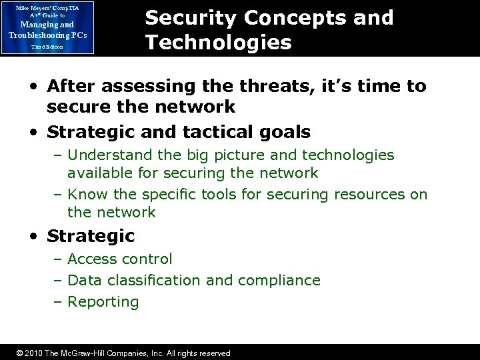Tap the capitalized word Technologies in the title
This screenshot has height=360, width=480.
point(219,43)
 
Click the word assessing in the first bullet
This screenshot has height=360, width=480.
point(157,86)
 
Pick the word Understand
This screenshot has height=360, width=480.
point(112,155)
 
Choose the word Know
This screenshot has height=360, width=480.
point(86,195)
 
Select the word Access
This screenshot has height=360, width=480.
point(91,259)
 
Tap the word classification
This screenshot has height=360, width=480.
point(158,280)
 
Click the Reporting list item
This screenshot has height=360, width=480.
point(103,302)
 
